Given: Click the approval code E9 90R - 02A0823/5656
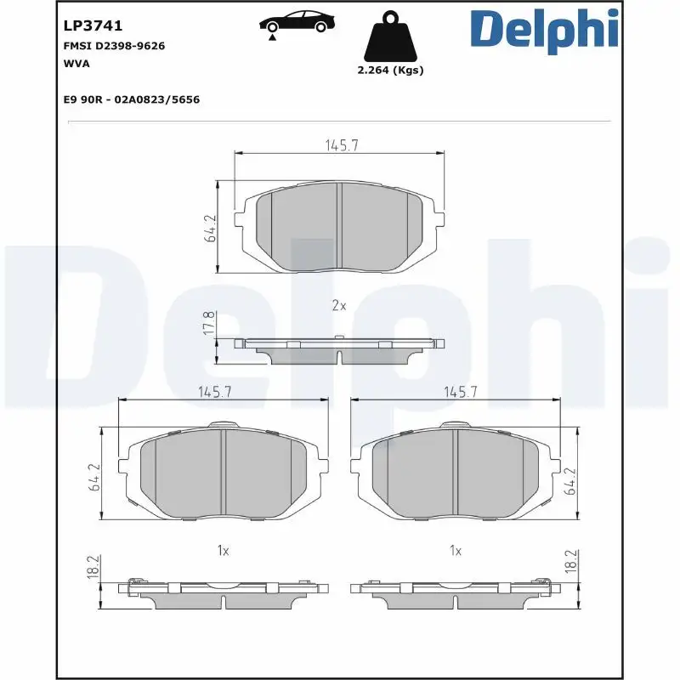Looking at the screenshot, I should tap(131, 99).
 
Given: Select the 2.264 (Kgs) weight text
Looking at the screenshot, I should tap(390, 71).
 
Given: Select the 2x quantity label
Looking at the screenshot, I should tap(339, 305).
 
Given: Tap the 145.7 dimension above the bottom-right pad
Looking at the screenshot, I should tap(461, 392).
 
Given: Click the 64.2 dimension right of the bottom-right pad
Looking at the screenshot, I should tap(571, 480).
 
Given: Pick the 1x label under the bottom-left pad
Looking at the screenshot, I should tap(223, 551).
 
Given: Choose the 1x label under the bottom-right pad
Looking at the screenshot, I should tap(456, 551).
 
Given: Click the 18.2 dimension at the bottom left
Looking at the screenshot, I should tap(93, 568).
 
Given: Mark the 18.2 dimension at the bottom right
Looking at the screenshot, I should tap(571, 561).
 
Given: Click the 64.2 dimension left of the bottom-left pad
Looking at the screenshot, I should tap(95, 478).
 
